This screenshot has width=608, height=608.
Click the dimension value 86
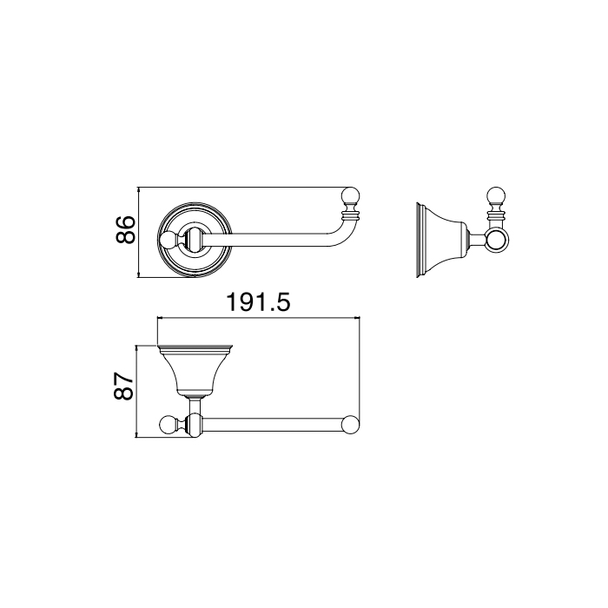pos(125,230)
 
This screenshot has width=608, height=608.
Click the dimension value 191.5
pos(258,302)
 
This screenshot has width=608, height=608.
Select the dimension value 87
pos(124,387)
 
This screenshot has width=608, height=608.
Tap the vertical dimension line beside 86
pos(139,232)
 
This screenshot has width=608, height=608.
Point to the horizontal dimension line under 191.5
pos(258,319)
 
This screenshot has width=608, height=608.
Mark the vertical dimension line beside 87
pos(136,392)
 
